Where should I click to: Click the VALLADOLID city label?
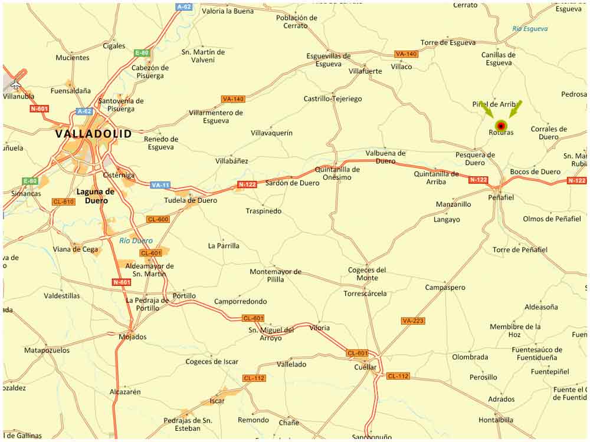click(x=93, y=134)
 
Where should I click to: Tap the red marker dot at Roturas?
click(x=501, y=126)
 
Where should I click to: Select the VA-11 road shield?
click(x=160, y=185)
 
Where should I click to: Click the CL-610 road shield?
click(x=63, y=202)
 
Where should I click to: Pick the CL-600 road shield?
click(x=158, y=219)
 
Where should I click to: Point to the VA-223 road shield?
click(x=413, y=321)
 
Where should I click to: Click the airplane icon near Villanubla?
click(x=15, y=84)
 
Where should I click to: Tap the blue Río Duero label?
click(x=136, y=240)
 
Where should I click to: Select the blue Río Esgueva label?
click(x=530, y=29)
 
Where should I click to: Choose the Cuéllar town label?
click(x=365, y=367)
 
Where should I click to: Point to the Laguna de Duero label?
click(x=95, y=196)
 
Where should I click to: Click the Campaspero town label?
click(x=445, y=288)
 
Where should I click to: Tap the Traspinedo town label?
click(x=264, y=211)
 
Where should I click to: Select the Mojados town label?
click(x=132, y=337)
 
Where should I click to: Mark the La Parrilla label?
click(x=224, y=246)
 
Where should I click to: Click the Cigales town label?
click(x=114, y=46)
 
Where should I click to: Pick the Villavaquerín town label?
click(x=271, y=133)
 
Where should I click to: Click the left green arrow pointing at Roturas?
click(x=486, y=109)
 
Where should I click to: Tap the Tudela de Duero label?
click(x=190, y=200)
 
